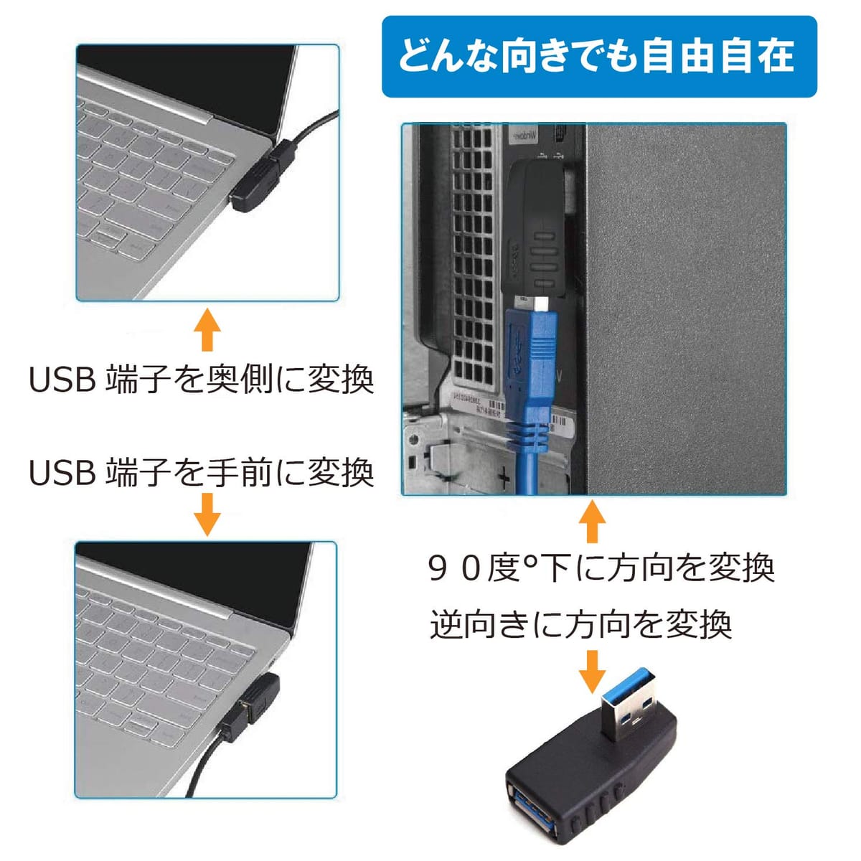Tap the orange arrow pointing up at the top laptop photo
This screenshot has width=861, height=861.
pyautogui.click(x=207, y=329)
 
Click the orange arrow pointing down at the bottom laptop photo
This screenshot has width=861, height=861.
pyautogui.click(x=207, y=514)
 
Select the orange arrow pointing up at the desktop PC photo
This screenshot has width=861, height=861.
pyautogui.click(x=592, y=521)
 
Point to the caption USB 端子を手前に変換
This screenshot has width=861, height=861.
pyautogui.click(x=201, y=472)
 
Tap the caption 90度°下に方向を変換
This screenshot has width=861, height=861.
pyautogui.click(x=601, y=568)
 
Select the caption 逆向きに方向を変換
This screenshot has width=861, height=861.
pyautogui.click(x=581, y=625)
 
